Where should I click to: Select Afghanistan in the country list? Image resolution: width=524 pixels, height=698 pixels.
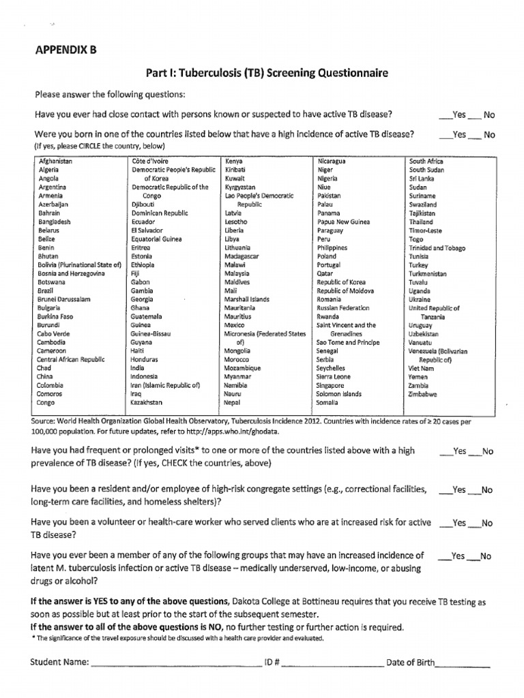[x=56, y=161]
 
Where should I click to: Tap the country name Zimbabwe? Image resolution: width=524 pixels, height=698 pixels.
[x=423, y=394]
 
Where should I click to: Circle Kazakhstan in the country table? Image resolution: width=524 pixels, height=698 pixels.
[x=147, y=403]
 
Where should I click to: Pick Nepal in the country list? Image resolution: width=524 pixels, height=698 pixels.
[x=233, y=403]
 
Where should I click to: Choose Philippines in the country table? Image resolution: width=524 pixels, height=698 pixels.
[x=332, y=247]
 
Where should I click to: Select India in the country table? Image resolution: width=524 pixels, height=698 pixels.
[x=137, y=368]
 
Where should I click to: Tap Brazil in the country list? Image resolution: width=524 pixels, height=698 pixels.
[x=47, y=290]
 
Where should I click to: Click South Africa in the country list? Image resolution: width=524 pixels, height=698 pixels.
[x=426, y=161]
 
